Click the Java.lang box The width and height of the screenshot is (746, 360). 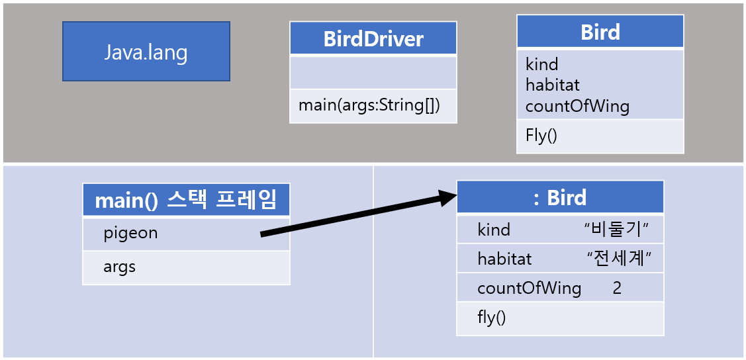pos(146,52)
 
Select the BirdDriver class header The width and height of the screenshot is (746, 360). pos(373,39)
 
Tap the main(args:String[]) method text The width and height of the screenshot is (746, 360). pos(369,105)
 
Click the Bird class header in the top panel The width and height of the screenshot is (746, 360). pos(600,32)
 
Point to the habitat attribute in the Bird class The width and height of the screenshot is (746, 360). pos(553,85)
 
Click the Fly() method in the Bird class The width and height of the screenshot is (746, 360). pos(541,136)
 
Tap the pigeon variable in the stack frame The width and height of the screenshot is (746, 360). pos(131,233)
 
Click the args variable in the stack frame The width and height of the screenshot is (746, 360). pos(120,267)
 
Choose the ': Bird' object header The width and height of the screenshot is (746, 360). pos(560,197)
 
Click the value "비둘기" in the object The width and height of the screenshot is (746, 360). pos(616,230)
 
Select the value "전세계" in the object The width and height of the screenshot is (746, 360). pos(616,259)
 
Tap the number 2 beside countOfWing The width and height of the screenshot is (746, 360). pos(617,289)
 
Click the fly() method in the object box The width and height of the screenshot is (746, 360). pos(491,318)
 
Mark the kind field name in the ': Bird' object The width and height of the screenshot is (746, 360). pos(494,230)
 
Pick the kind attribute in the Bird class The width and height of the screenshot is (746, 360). pos(541,64)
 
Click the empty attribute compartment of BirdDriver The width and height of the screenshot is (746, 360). pos(373,72)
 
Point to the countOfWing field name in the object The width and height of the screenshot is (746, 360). pos(529,289)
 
